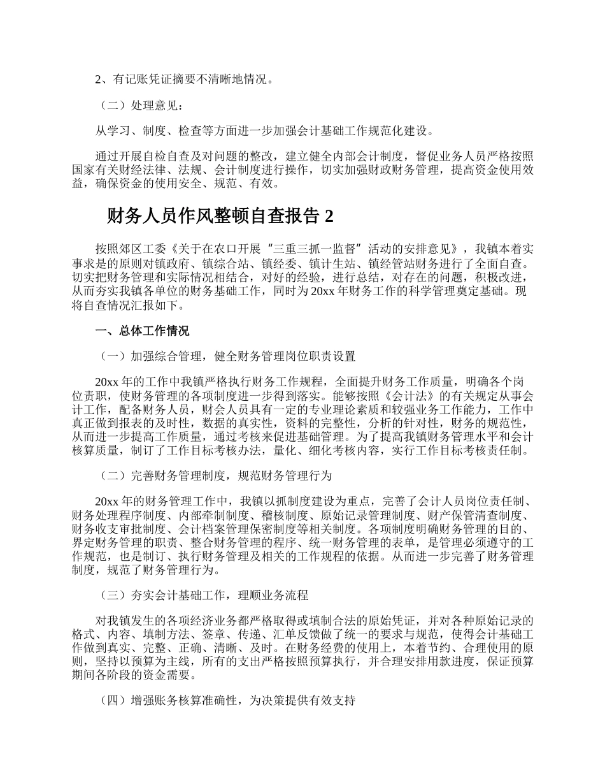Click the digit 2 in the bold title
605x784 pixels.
pyautogui.click(x=328, y=217)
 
